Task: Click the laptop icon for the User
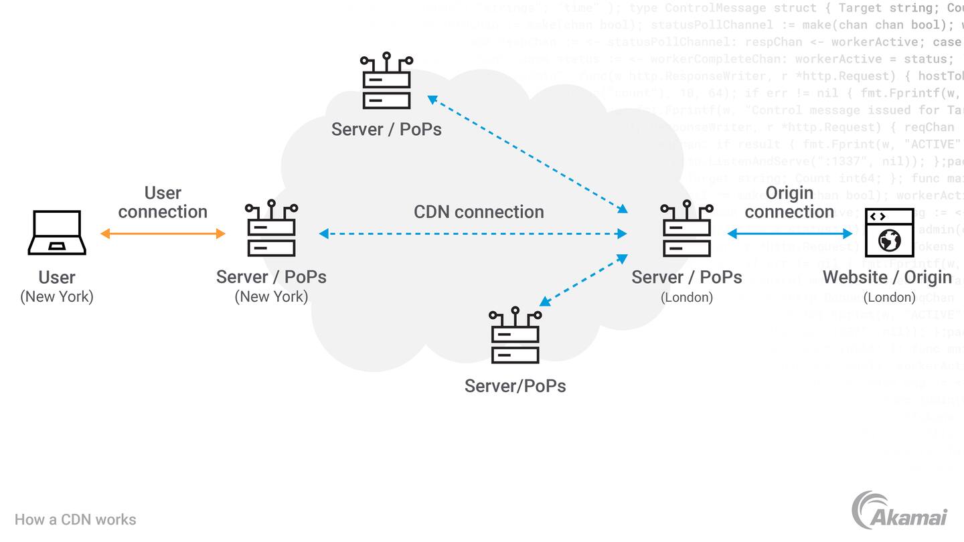(x=57, y=233)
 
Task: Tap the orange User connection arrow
(x=163, y=234)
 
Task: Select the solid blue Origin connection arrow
(x=790, y=234)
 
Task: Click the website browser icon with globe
(x=889, y=233)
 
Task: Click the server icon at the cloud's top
(x=386, y=81)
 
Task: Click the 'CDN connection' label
(x=479, y=212)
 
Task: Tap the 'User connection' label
(x=163, y=202)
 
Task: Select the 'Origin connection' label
(x=789, y=202)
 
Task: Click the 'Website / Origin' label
(x=887, y=277)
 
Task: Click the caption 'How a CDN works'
(x=75, y=520)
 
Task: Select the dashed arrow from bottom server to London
(x=583, y=280)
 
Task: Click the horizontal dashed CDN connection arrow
(x=473, y=234)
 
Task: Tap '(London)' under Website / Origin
(x=888, y=297)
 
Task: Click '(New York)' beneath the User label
(x=57, y=296)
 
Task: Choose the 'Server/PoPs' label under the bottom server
(x=515, y=386)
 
